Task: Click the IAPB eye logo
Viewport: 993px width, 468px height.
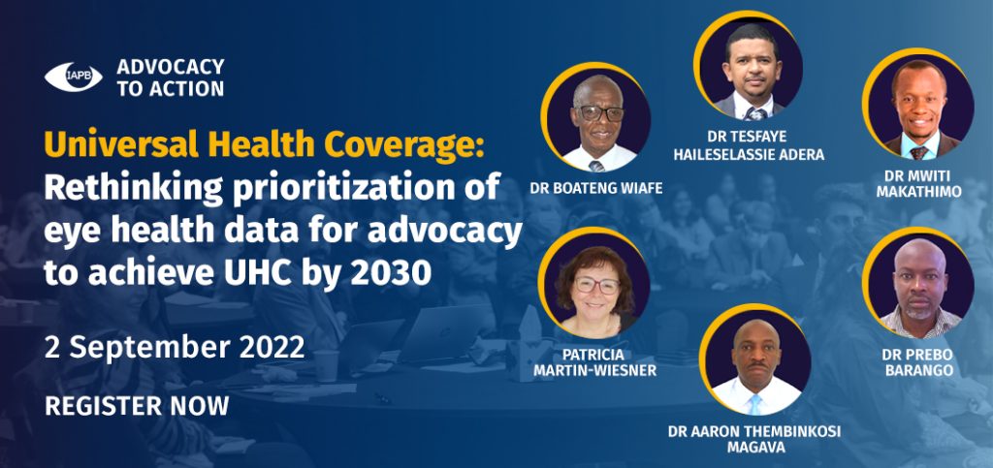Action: click(73, 77)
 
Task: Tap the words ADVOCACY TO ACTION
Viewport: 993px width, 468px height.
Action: click(171, 78)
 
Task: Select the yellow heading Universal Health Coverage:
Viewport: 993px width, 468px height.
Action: click(264, 147)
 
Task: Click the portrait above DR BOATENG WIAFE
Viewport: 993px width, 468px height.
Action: click(596, 118)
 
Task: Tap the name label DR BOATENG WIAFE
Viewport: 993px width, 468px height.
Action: click(596, 189)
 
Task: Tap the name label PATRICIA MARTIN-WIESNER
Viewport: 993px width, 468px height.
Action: click(594, 362)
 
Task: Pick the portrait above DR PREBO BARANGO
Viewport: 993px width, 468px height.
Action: click(918, 283)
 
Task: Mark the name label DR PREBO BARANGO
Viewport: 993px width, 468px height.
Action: click(917, 362)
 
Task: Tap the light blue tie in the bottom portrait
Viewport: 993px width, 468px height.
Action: click(754, 404)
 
